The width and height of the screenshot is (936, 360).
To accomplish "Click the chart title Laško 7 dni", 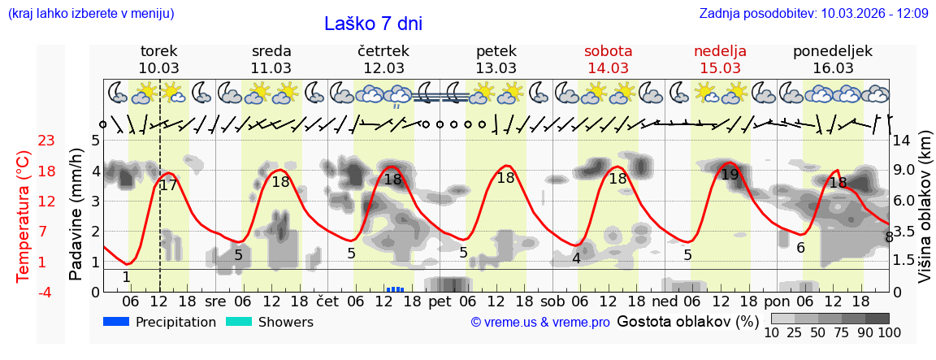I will pyautogui.click(x=373, y=24).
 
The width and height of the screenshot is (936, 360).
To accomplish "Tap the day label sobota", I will pyautogui.click(x=608, y=51).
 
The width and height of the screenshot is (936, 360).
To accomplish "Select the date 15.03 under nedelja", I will pyautogui.click(x=720, y=68).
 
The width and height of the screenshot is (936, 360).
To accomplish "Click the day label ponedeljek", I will pyautogui.click(x=832, y=51).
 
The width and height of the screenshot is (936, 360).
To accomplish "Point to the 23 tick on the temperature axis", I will pyautogui.click(x=46, y=141).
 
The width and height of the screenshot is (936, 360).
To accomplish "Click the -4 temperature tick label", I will pyautogui.click(x=46, y=292).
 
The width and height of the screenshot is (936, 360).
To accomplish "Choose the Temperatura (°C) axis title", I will pyautogui.click(x=24, y=216).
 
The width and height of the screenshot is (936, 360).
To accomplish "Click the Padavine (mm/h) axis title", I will pyautogui.click(x=76, y=215).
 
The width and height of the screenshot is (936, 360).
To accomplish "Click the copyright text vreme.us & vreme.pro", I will pyautogui.click(x=540, y=323).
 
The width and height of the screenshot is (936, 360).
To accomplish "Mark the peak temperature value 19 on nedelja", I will pyautogui.click(x=730, y=174).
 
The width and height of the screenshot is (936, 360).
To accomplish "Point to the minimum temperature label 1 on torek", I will pyautogui.click(x=126, y=277).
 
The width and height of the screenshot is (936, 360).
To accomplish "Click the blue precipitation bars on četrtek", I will pyautogui.click(x=395, y=288).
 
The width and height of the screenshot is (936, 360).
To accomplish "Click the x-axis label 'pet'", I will pyautogui.click(x=440, y=301).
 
